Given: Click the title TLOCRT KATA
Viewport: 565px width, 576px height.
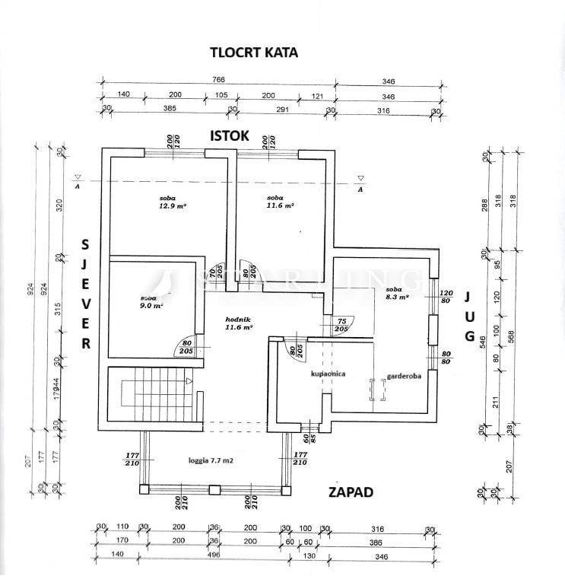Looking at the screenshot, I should click(x=254, y=53).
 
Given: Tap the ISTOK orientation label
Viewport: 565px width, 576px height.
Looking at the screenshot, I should click(x=230, y=135).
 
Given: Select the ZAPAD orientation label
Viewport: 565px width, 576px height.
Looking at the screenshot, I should click(x=350, y=492).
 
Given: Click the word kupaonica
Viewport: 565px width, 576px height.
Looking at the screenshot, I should click(x=328, y=374).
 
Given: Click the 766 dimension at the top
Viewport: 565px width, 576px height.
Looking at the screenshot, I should click(x=219, y=80).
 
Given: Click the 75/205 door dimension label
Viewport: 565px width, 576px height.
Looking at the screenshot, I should click(x=341, y=325).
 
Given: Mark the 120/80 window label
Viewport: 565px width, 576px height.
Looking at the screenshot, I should click(x=446, y=298).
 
